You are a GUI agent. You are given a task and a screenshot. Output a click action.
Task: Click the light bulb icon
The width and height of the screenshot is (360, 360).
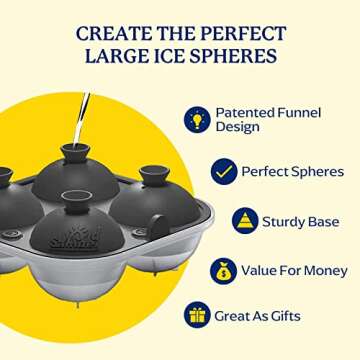click(x=197, y=119)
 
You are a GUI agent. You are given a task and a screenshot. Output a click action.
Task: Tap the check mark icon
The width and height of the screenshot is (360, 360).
click(x=223, y=171)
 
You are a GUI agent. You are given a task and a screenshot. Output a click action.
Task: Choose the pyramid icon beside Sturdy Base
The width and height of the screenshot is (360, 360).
click(x=245, y=220)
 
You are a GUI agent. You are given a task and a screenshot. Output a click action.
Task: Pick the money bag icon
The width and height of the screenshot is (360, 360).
click(x=223, y=270)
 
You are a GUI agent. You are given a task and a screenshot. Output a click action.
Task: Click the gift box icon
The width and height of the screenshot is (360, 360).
click(x=197, y=315)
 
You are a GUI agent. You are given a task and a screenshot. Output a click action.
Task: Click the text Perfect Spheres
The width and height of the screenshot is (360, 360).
click(x=293, y=171)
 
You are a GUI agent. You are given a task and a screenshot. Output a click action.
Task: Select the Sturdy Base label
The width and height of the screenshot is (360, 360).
click(x=303, y=220)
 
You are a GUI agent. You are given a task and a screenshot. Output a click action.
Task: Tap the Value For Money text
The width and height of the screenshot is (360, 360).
click(x=294, y=270)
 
